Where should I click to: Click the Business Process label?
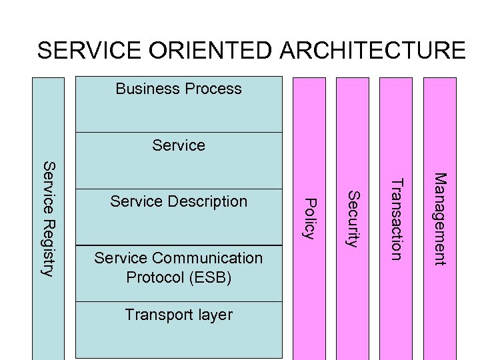[179, 89]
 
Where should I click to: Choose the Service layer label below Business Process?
[179, 145]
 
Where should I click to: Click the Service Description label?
[179, 201]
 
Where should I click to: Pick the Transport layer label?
[179, 315]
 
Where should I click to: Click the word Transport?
[156, 315]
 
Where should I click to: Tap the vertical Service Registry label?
[49, 218]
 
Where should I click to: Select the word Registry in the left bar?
[49, 247]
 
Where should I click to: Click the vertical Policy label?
[309, 217]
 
